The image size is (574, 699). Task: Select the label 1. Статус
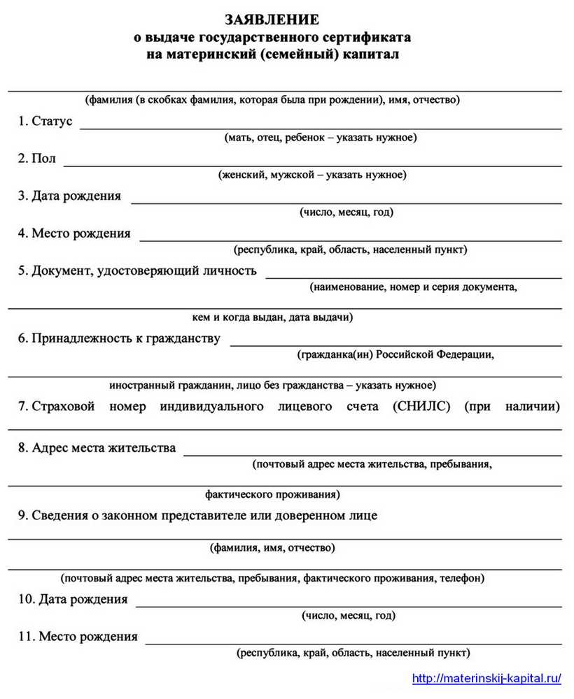click(45, 121)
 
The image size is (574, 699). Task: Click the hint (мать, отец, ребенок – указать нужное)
click(321, 138)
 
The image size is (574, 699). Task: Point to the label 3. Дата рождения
click(69, 196)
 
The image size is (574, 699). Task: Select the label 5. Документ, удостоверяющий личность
click(137, 271)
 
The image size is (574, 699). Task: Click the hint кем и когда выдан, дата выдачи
click(272, 317)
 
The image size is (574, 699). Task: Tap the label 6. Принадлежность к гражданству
click(119, 338)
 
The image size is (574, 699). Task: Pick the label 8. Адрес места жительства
click(97, 447)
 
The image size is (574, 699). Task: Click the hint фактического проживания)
click(273, 495)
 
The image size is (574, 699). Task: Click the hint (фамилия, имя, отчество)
click(272, 548)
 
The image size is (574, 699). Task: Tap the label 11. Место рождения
click(78, 636)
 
